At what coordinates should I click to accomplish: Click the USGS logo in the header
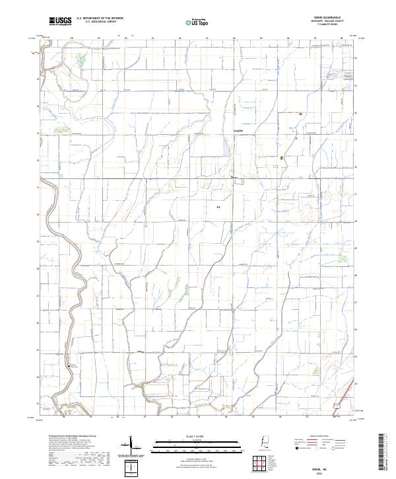pos(60,21)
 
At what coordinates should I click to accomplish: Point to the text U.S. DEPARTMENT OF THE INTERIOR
pos(100,18)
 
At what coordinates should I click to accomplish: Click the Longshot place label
pos(238,131)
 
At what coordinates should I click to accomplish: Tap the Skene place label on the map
pos(233,177)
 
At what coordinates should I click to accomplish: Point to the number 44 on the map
pos(218,207)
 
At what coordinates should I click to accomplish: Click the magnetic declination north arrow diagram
pos(131,443)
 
